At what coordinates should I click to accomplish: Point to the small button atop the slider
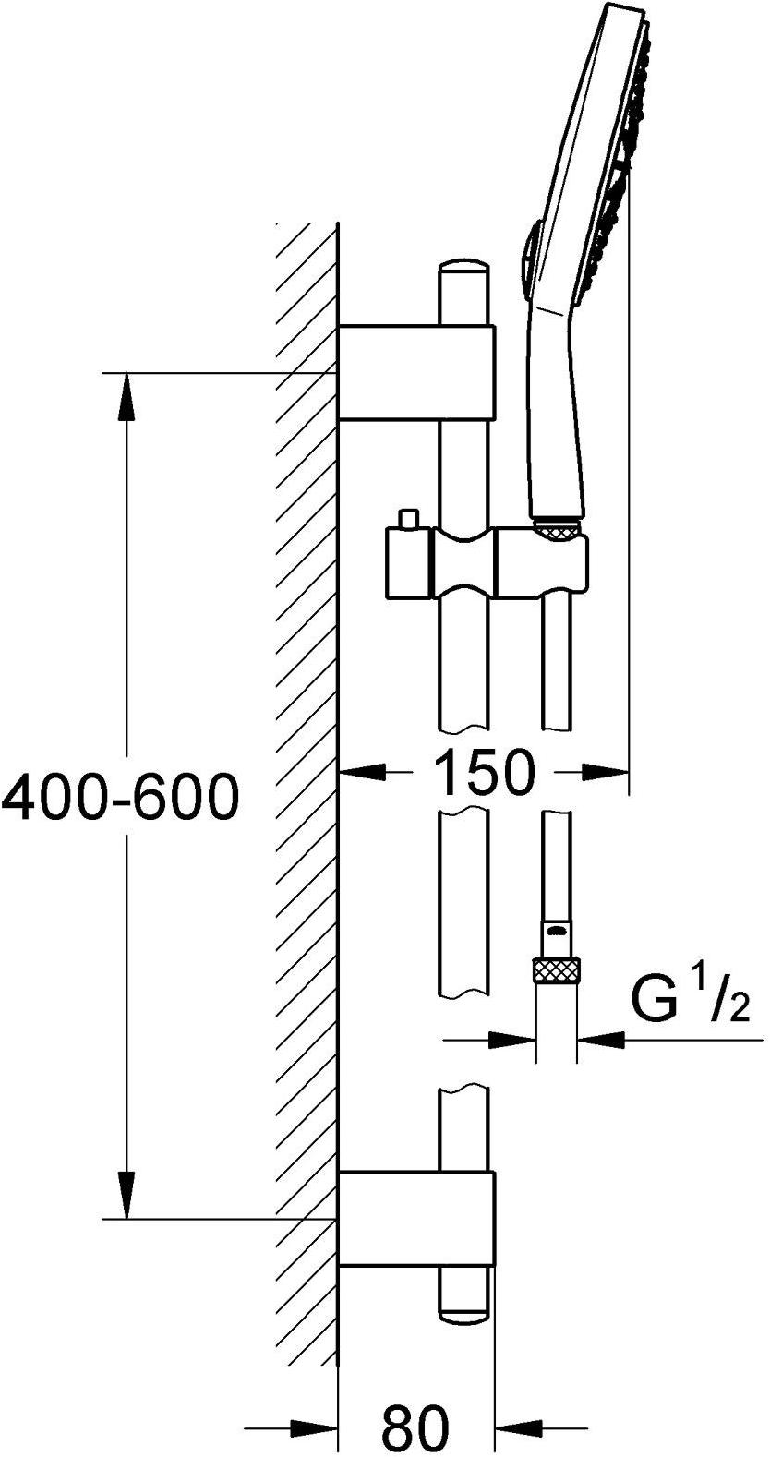409,520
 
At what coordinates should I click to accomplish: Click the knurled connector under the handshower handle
557,528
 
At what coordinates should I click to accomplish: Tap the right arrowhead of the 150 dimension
606,772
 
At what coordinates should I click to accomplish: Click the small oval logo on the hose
556,932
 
